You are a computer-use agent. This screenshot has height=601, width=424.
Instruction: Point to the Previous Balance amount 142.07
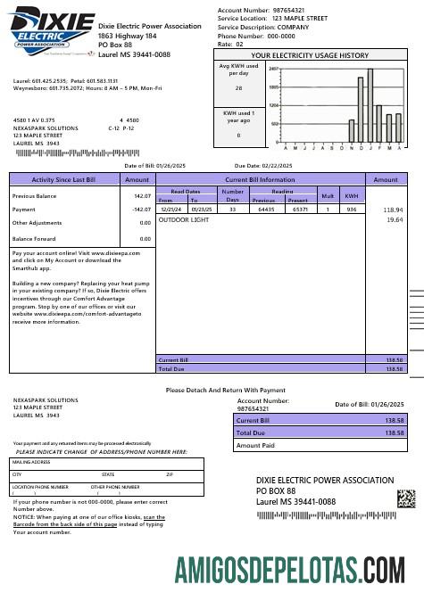(142, 195)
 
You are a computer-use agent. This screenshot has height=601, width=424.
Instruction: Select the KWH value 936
(352, 209)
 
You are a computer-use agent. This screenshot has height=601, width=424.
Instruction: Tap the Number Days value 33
(232, 209)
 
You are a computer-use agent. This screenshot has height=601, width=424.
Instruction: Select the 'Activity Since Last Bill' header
(63, 179)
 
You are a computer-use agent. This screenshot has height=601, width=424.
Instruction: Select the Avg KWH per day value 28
(238, 88)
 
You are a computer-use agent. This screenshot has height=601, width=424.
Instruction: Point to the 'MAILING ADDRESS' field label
(29, 463)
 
